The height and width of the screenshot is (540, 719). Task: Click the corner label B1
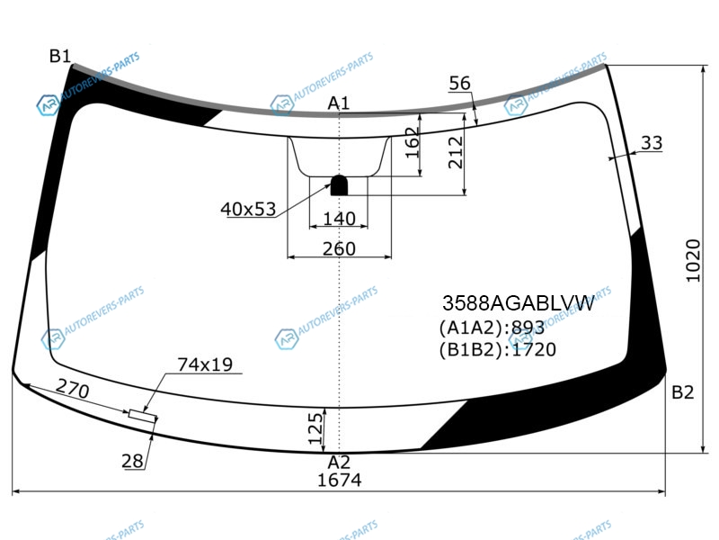[x=60, y=56]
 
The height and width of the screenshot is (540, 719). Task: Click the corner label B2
[x=683, y=392]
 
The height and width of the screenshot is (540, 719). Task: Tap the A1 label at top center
[x=339, y=103]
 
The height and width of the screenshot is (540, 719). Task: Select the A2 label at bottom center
[x=339, y=462]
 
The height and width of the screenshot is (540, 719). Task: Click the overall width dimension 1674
[x=340, y=480]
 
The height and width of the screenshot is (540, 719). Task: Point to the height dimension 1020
[x=693, y=260]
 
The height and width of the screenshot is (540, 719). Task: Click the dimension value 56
[x=459, y=83]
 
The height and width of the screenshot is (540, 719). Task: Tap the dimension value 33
[x=652, y=143]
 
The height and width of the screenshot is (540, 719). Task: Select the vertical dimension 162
[x=413, y=143]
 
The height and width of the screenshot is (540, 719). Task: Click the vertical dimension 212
[x=456, y=152]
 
